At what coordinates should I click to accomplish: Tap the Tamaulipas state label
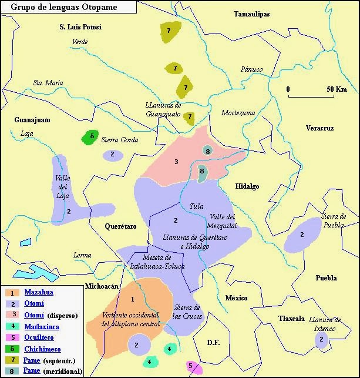click(251, 14)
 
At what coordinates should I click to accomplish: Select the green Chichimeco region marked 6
click(89, 138)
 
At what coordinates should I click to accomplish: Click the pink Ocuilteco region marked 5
click(193, 367)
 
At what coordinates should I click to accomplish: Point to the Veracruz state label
click(319, 128)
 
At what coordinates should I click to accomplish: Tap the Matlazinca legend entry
click(42, 326)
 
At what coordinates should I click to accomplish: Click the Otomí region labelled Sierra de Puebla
click(303, 236)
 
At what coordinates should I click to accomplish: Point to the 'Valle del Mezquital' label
click(223, 221)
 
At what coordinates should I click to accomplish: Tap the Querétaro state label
click(120, 226)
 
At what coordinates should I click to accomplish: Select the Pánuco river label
click(251, 69)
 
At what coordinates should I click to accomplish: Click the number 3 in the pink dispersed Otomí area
click(176, 162)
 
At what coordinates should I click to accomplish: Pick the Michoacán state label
click(102, 286)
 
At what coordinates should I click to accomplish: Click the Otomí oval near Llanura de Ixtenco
click(321, 340)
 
